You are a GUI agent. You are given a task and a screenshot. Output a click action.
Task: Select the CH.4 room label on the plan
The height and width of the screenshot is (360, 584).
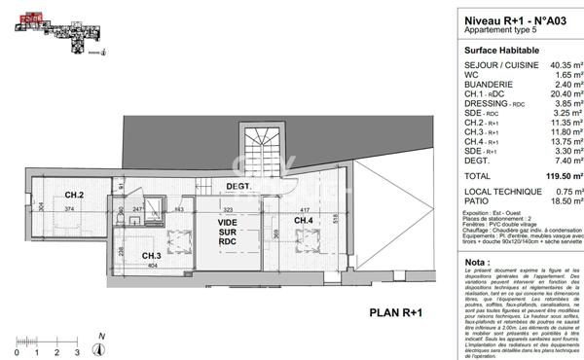[303, 221]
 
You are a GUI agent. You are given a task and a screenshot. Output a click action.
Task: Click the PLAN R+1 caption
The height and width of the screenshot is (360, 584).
[394, 311]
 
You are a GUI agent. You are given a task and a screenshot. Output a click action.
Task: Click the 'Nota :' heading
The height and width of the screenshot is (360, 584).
[477, 262]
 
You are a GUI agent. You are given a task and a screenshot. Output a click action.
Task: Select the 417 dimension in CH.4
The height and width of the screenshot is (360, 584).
[305, 209]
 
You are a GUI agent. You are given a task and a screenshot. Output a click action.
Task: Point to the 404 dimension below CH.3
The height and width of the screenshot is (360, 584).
[152, 264]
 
